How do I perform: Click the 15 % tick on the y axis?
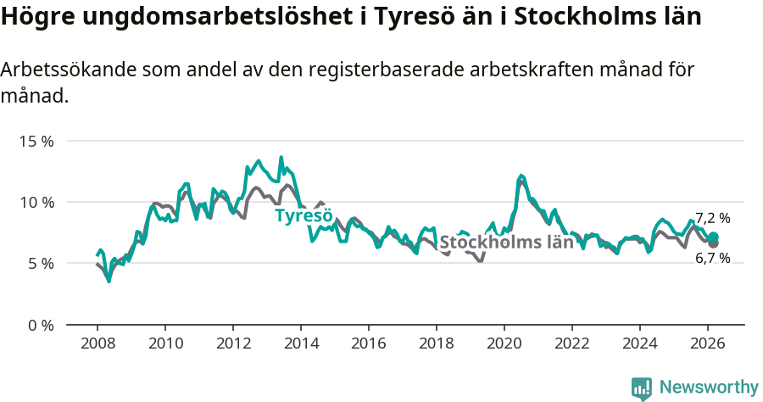36,141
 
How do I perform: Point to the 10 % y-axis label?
36,202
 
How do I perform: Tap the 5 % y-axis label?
40,264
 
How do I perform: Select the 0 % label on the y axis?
40,325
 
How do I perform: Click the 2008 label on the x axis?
97,343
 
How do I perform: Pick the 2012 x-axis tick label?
233,343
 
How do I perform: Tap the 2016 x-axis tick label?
369,343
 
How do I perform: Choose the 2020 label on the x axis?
504,343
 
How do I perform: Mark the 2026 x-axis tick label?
708,343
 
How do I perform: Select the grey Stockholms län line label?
506,243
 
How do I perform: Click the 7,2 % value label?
712,218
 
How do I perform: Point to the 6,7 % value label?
712,259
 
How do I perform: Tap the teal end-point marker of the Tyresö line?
714,237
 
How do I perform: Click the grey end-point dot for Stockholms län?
714,244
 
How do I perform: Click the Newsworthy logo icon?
642,388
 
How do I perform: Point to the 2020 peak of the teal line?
521,176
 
